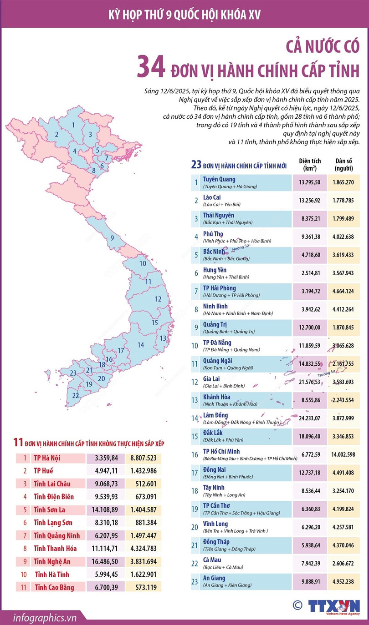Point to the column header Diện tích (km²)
tap(310, 164)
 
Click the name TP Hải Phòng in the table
tap(220, 288)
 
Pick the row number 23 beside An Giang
tap(195, 581)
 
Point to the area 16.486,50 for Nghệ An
tap(105, 561)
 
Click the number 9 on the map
tap(112, 238)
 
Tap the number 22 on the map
tap(75, 395)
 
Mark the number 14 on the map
tap(141, 345)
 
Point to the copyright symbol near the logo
tap(297, 605)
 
